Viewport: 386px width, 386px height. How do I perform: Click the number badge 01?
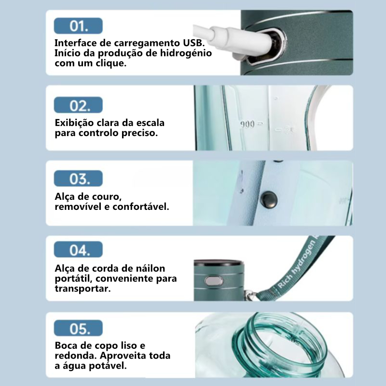point(78,26)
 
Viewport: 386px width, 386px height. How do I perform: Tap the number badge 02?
point(78,105)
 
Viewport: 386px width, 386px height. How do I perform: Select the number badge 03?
point(78,178)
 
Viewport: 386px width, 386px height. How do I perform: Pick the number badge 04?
point(78,249)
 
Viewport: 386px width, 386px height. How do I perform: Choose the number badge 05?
point(78,328)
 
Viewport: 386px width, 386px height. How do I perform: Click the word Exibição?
point(74,123)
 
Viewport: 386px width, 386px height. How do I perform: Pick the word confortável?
point(141,207)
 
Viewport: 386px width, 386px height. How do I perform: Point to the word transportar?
point(83,289)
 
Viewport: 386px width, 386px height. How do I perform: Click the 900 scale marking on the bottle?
point(247,124)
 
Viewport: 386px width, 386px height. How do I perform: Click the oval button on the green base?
point(214,281)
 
